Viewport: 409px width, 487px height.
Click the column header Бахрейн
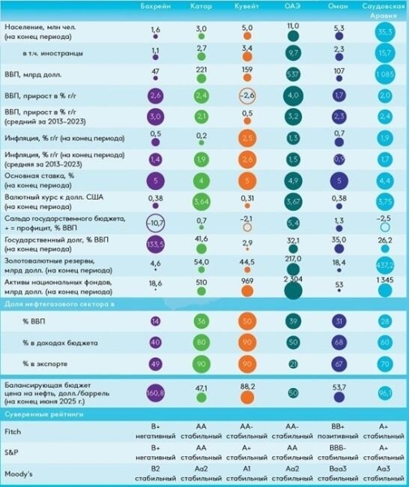[156, 6]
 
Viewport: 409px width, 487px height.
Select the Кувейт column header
[247, 6]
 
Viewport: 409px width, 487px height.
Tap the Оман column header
[339, 6]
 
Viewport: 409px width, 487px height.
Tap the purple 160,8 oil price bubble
[156, 393]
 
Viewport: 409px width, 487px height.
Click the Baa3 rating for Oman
[339, 470]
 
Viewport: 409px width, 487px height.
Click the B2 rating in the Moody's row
[156, 470]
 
